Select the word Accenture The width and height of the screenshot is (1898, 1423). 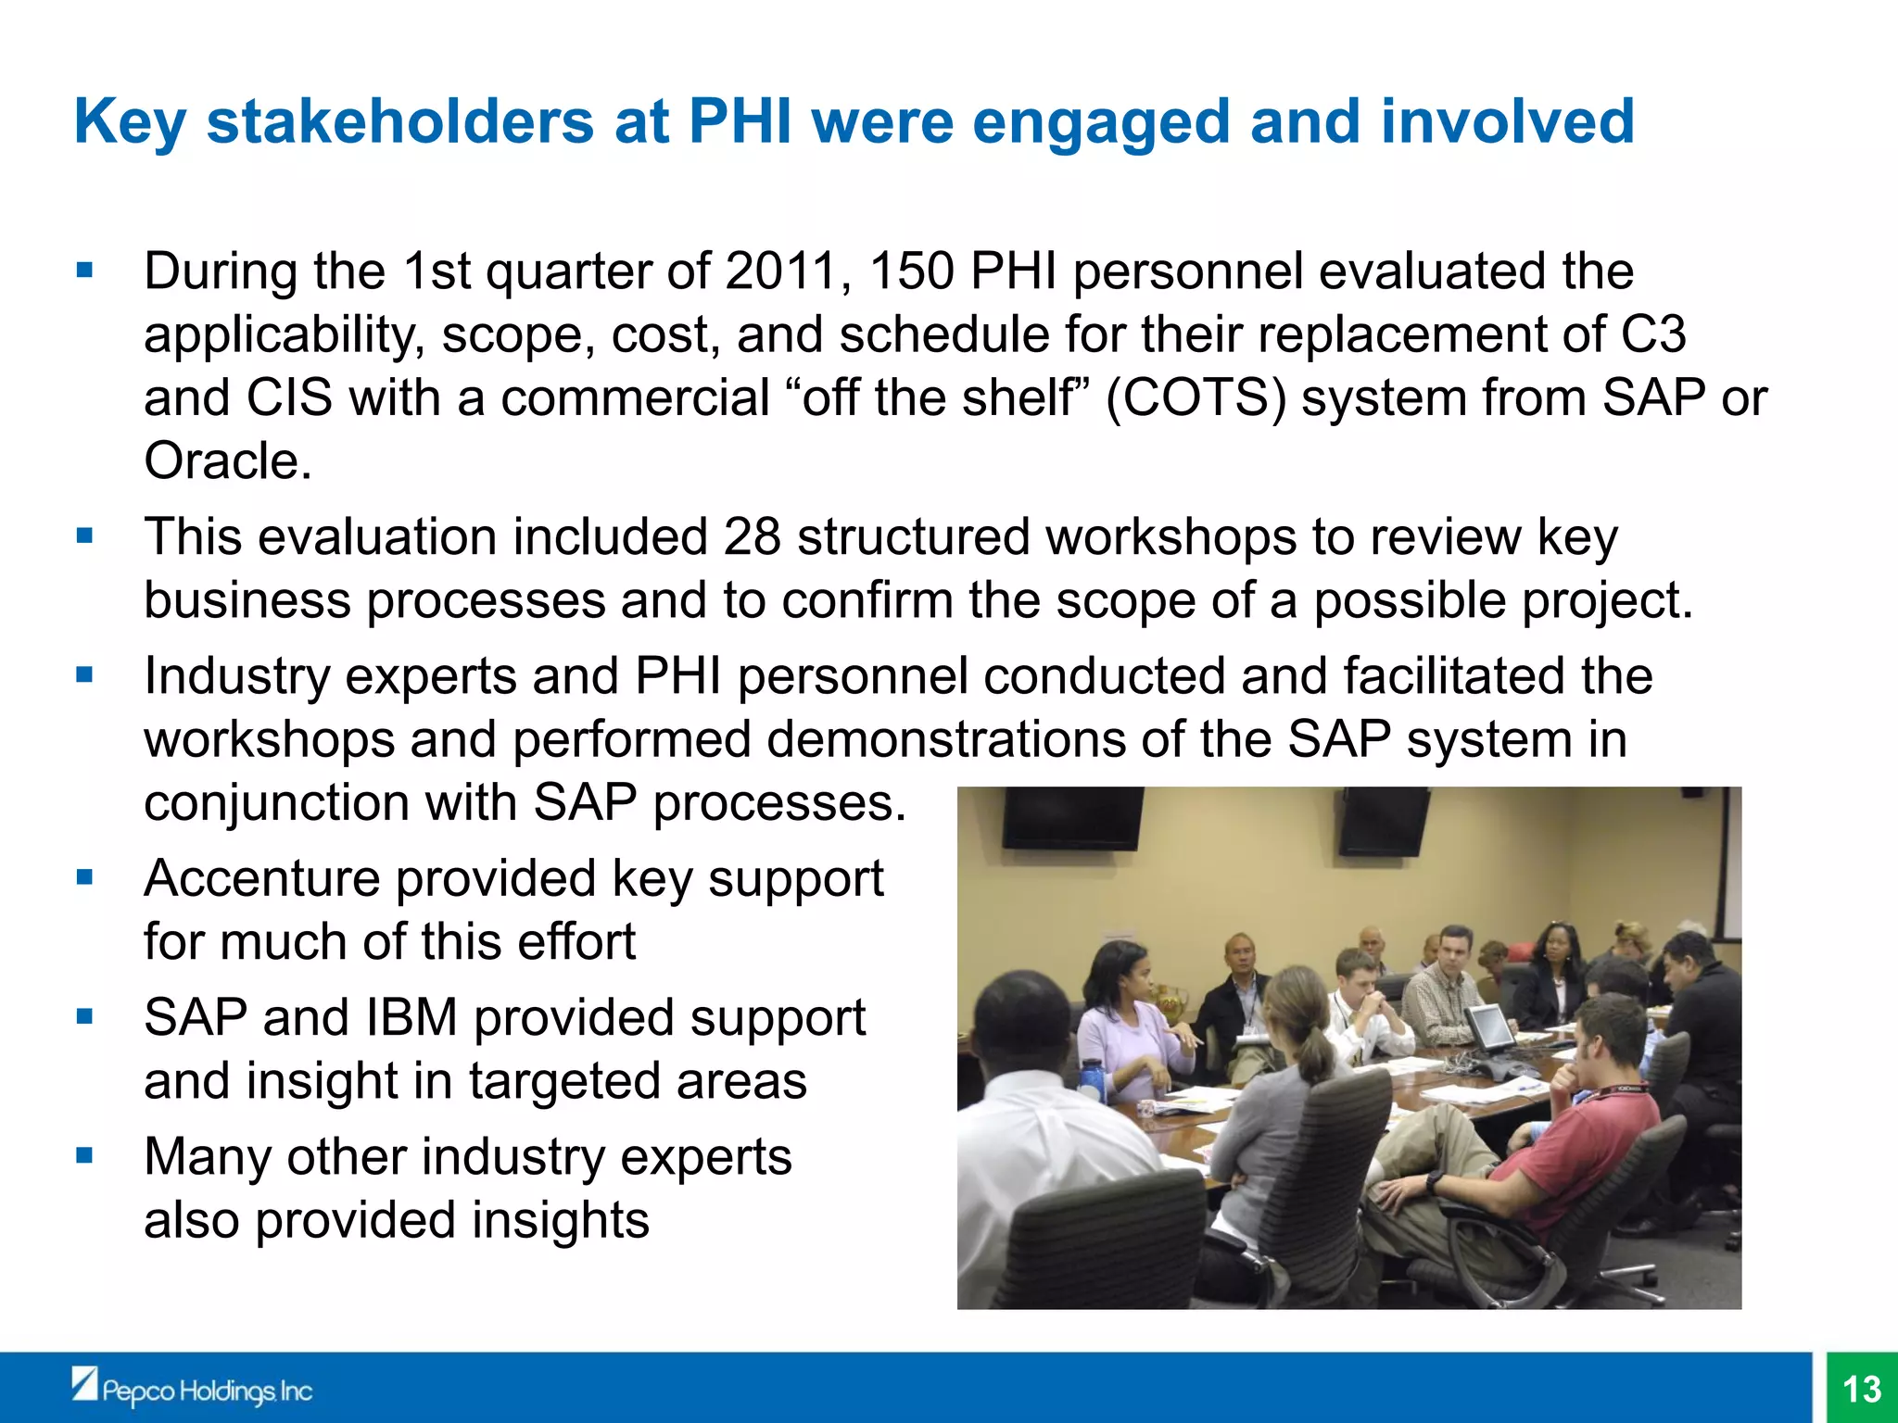261,878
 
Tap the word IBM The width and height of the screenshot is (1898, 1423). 411,1017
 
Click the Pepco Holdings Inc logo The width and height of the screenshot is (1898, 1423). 192,1389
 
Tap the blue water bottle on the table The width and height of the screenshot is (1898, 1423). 1091,1079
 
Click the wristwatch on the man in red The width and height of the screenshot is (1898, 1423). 1435,1182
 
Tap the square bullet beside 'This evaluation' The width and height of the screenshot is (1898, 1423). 85,536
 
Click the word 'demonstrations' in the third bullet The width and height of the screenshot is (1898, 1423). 945,739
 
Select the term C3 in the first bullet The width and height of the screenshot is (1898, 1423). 1652,334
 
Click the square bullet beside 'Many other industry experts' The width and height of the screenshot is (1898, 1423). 85,1155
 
